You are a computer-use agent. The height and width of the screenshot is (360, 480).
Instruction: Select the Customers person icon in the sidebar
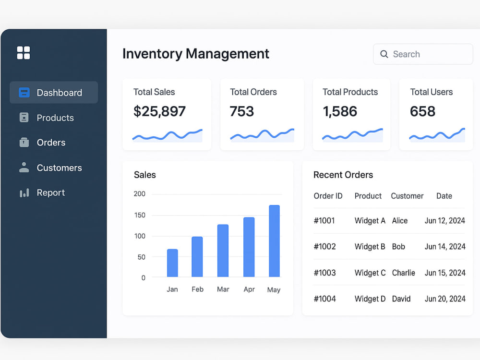pyautogui.click(x=24, y=168)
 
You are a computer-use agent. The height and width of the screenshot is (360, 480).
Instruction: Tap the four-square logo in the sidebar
pyautogui.click(x=24, y=53)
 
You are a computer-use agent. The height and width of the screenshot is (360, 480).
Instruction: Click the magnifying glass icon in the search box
pyautogui.click(x=384, y=54)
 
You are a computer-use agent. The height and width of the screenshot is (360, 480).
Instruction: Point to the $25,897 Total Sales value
pyautogui.click(x=159, y=111)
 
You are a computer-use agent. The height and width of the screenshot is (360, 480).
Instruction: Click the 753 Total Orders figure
pyautogui.click(x=242, y=111)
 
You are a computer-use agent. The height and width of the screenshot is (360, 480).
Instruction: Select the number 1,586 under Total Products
pyautogui.click(x=340, y=111)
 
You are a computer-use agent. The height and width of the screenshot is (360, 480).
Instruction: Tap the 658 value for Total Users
pyautogui.click(x=422, y=111)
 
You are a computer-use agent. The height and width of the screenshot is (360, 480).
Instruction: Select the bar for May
pyautogui.click(x=274, y=241)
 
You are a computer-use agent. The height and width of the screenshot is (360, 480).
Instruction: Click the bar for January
pyautogui.click(x=172, y=263)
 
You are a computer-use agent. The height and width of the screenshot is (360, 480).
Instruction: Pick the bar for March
pyautogui.click(x=223, y=251)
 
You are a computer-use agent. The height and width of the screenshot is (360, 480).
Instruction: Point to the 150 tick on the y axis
pyautogui.click(x=140, y=215)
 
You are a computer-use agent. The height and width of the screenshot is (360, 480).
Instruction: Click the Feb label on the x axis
pyautogui.click(x=197, y=289)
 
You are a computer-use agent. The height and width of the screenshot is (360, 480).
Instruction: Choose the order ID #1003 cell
pyautogui.click(x=325, y=273)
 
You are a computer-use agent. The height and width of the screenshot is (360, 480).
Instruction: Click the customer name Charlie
pyautogui.click(x=404, y=273)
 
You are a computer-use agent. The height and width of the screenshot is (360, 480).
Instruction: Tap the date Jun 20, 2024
pyautogui.click(x=445, y=299)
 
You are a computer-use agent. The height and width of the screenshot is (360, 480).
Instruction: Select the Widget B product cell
pyautogui.click(x=370, y=247)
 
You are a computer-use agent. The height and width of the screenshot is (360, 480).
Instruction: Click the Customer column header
pyautogui.click(x=407, y=196)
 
